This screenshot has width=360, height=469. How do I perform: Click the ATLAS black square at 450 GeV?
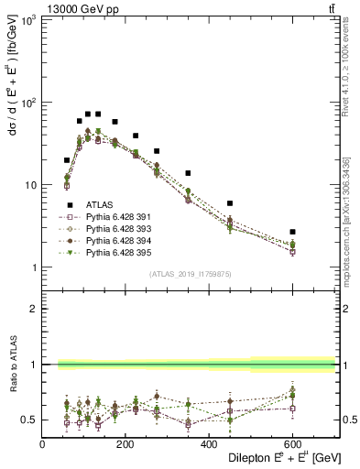coord(230,203)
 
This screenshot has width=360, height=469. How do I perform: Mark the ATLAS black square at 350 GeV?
coord(188,173)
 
